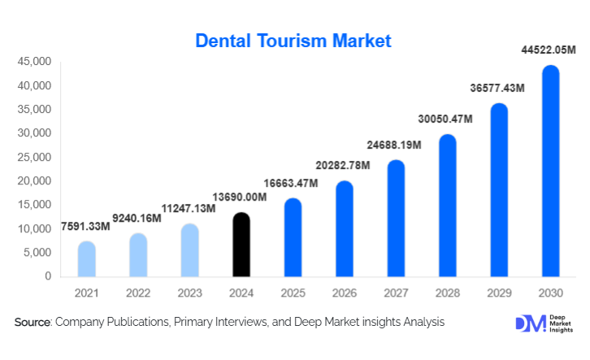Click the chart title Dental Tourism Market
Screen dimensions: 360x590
point(293,40)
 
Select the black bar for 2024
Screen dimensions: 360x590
point(241,245)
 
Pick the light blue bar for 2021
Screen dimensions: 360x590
point(87,259)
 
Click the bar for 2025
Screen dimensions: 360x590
point(293,238)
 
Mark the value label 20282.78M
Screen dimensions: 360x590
point(344,167)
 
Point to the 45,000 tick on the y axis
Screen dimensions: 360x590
point(33,62)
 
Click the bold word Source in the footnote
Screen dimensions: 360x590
point(33,323)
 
